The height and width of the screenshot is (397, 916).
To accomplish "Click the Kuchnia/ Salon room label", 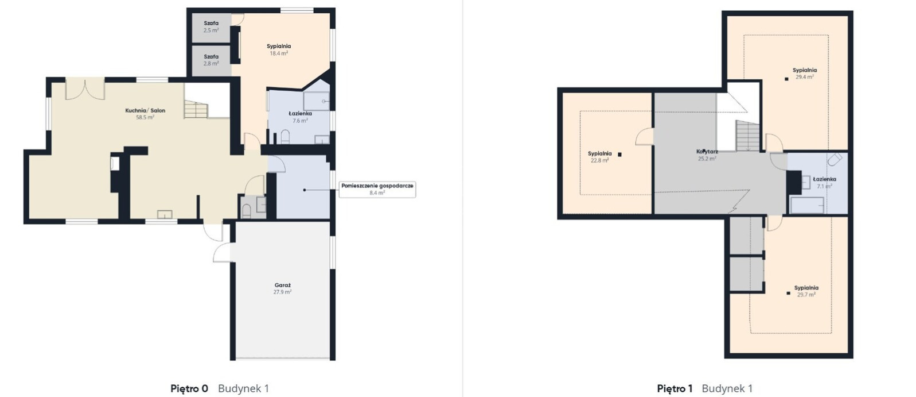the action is [x=145, y=114].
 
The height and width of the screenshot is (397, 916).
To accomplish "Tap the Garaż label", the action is [x=282, y=288].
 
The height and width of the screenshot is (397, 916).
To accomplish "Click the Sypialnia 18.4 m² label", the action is [x=279, y=49].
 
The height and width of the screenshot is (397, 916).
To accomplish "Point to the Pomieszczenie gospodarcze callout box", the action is [x=377, y=189].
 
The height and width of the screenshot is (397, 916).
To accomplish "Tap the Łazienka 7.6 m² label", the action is [x=300, y=117].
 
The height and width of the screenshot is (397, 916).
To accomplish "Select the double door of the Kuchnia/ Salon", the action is [x=85, y=89].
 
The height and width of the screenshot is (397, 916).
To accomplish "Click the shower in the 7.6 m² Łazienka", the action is [x=317, y=101].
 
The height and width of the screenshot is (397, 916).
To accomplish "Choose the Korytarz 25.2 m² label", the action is [x=707, y=155].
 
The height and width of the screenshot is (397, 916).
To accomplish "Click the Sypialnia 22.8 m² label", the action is [x=600, y=157].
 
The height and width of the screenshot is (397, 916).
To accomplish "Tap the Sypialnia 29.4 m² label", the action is [x=804, y=74].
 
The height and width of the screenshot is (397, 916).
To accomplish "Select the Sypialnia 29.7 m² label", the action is [x=806, y=291].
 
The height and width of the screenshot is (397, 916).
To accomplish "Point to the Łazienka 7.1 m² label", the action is [x=824, y=182].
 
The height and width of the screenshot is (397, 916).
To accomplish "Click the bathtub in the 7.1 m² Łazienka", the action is [x=807, y=205].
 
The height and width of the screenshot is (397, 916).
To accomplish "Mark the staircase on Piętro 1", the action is [x=747, y=136].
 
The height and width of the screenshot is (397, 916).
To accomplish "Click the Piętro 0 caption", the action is [x=189, y=388].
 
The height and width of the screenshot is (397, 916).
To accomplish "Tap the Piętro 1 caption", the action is [x=675, y=388].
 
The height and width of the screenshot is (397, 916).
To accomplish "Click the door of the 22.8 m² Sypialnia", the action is [x=645, y=136].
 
